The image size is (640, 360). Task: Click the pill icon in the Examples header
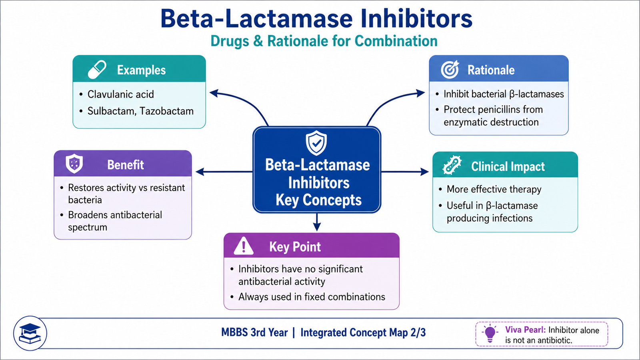click(x=97, y=70)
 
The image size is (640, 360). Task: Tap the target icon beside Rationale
click(x=450, y=70)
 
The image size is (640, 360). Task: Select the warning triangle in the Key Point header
click(x=244, y=246)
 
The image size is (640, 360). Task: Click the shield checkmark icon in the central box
click(x=316, y=143)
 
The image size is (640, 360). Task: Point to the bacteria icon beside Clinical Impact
click(x=452, y=165)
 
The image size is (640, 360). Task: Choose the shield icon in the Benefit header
click(x=74, y=164)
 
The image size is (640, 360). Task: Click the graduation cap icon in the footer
click(x=30, y=334)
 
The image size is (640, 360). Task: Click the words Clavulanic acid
click(x=120, y=94)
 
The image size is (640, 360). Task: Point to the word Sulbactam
click(x=112, y=111)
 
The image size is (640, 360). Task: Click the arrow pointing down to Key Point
click(x=317, y=222)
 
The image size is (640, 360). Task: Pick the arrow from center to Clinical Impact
click(x=405, y=172)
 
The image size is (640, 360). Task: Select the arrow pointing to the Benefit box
click(x=224, y=172)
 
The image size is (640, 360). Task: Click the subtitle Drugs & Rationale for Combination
click(x=324, y=41)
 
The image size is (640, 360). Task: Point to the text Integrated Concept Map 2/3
click(x=363, y=332)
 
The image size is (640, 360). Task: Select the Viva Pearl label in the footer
click(x=526, y=330)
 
